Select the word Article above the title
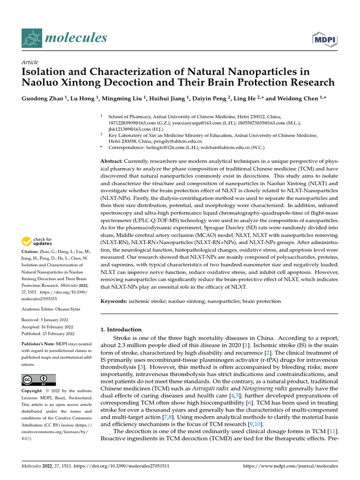point(30,62)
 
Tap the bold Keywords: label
point(115,301)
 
